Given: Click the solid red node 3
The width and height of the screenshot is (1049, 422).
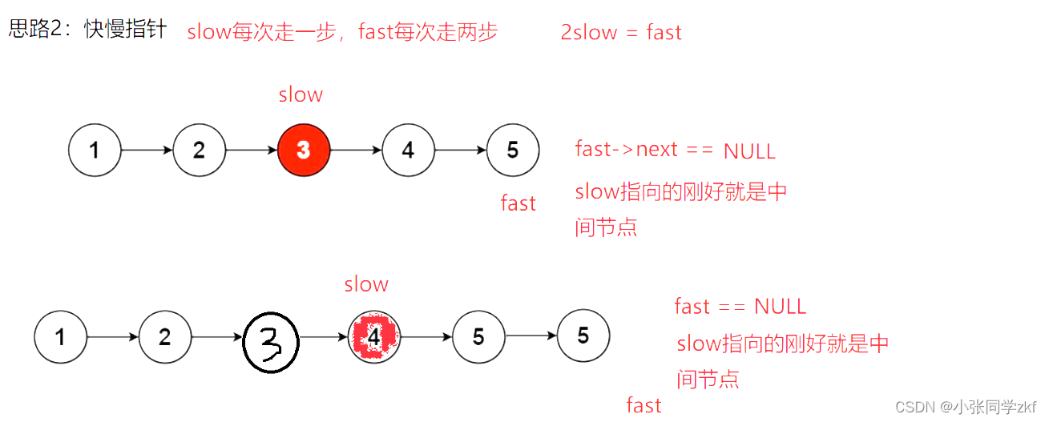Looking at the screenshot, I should click(x=304, y=150).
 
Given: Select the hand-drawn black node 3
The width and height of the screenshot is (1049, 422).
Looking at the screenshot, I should click(x=271, y=343).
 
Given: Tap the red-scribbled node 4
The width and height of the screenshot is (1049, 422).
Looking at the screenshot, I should click(x=374, y=337).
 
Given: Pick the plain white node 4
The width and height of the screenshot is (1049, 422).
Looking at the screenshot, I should click(x=408, y=150).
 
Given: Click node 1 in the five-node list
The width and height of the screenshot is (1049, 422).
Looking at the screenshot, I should click(x=95, y=150).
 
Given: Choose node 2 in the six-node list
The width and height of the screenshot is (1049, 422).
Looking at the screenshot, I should click(x=165, y=337).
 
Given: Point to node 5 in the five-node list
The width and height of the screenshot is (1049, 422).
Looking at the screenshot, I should click(x=513, y=150).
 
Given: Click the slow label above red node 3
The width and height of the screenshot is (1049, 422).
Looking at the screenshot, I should click(x=301, y=94).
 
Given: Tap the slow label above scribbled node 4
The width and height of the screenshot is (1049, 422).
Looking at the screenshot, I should click(x=366, y=284).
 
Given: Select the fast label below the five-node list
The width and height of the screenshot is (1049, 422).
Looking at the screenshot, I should click(x=518, y=203).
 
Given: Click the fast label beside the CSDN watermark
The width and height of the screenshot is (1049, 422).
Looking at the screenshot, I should click(x=644, y=405).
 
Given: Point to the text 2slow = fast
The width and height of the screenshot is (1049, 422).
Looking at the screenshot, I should click(x=621, y=33).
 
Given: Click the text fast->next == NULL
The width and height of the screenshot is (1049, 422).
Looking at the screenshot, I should click(x=675, y=150).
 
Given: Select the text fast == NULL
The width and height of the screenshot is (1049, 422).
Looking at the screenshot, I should click(x=740, y=307).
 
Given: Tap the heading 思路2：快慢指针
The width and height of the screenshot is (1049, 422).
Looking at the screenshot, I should click(x=87, y=30).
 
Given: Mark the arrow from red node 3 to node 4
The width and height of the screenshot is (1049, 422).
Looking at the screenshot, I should click(x=356, y=150).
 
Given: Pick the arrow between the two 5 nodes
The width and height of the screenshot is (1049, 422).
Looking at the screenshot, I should click(x=531, y=337).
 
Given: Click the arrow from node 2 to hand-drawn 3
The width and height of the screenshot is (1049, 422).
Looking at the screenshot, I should click(x=217, y=338).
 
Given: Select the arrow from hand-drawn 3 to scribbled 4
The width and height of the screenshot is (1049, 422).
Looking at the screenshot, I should click(x=324, y=338).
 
